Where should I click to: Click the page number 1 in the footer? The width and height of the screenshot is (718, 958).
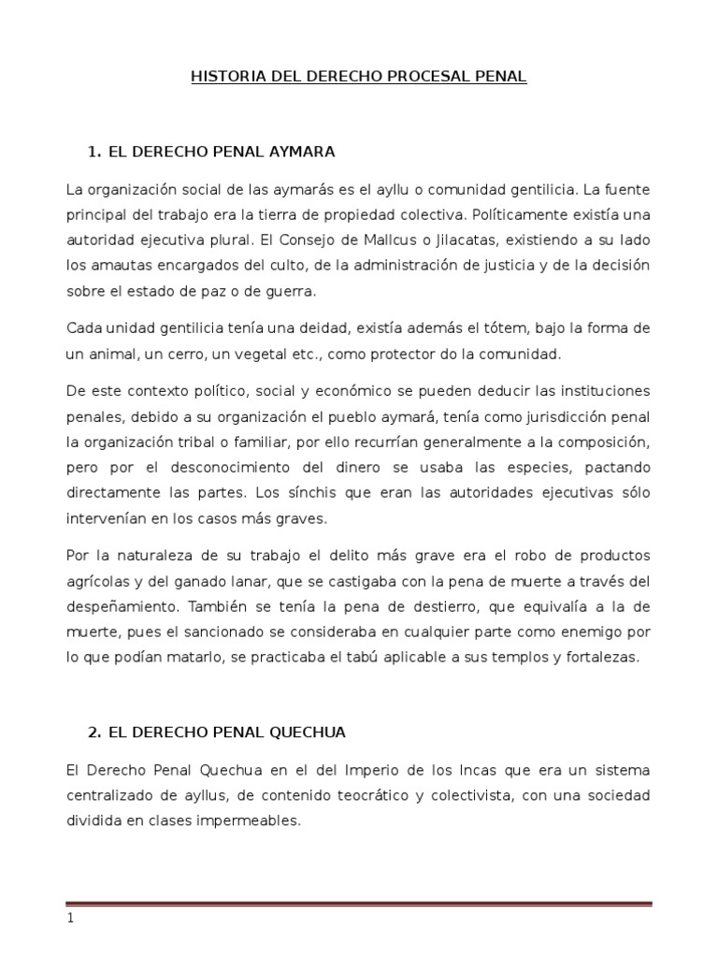point(69,918)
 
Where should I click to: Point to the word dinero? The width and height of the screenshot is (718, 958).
point(347,466)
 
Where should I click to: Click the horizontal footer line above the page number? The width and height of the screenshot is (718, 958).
point(358,903)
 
